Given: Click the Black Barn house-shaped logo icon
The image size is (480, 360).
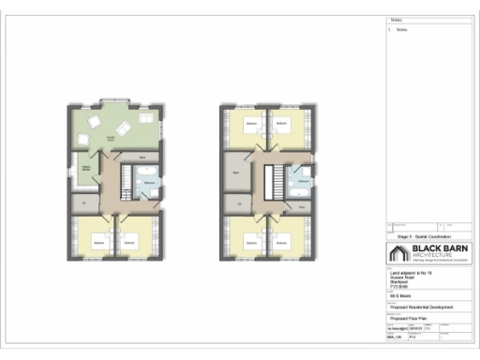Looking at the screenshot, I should point(395,253).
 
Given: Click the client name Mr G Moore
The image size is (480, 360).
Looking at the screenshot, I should point(400,293).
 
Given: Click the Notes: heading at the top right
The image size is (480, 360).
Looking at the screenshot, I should point(395,21).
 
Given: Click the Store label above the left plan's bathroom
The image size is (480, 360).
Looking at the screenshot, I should point(142,156).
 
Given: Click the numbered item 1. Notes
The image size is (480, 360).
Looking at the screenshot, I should point(397,30).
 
